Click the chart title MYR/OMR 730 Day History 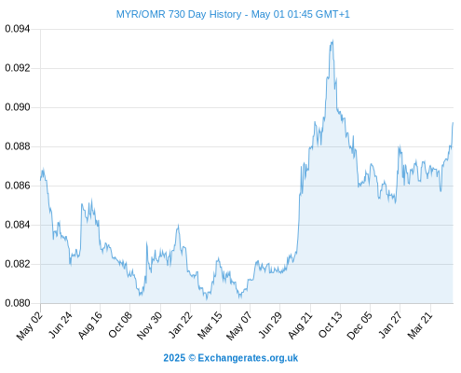[179, 14]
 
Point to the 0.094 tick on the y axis [18, 29]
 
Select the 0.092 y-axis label [18, 68]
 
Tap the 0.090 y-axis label [18, 107]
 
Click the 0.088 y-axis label [18, 146]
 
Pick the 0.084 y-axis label [18, 225]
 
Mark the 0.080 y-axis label [18, 303]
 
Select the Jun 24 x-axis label [61, 325]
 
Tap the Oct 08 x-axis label [120, 325]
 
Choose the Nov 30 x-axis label [150, 325]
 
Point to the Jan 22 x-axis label [181, 325]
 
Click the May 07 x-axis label [239, 325]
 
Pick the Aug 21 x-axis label [300, 325]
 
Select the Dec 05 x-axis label [359, 325]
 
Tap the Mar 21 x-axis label [420, 325]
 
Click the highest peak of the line [332, 40]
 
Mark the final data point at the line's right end [453, 123]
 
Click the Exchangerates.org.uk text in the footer [248, 358]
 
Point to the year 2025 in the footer [174, 358]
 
